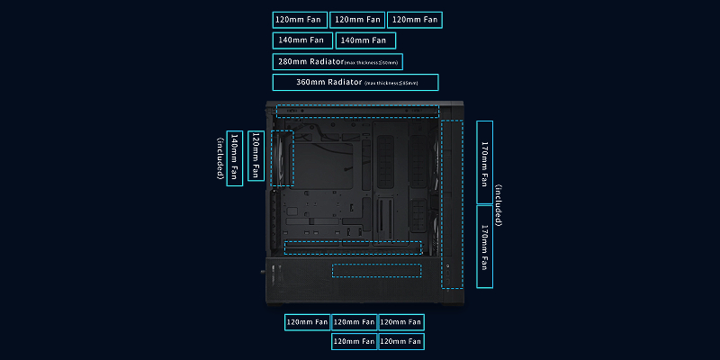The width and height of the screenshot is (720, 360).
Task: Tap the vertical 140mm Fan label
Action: click(235, 157)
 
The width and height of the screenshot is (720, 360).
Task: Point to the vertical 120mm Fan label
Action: click(256, 157)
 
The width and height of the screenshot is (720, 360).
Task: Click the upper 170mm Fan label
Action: click(484, 162)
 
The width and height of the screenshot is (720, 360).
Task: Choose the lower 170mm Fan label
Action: click(484, 247)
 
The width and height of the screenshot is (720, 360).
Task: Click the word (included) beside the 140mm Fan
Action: click(220, 157)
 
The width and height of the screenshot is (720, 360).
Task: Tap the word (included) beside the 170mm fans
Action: click(498, 205)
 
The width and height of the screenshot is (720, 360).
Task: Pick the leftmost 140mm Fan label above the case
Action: click(301, 40)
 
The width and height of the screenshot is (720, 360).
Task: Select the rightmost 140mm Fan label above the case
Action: click(365, 40)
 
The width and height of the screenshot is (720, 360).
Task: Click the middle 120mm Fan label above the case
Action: click(356, 20)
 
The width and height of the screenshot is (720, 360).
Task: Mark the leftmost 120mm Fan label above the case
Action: click(300, 20)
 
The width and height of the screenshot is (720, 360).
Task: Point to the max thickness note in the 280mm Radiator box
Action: click(373, 63)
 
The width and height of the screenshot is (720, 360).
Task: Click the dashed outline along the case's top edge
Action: click(357, 112)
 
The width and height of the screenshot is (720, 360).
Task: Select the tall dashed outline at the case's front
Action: click(451, 202)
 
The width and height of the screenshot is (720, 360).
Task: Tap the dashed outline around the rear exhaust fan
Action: click(283, 158)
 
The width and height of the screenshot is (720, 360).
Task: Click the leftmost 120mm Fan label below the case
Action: click(307, 322)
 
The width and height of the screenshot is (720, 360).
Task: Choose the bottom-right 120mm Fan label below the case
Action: click(400, 342)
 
